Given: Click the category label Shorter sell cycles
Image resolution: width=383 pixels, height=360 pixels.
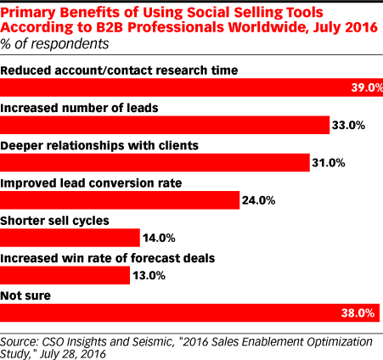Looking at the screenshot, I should [x=53, y=220].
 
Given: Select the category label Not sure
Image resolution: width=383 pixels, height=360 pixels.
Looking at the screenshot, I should [x=26, y=295].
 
